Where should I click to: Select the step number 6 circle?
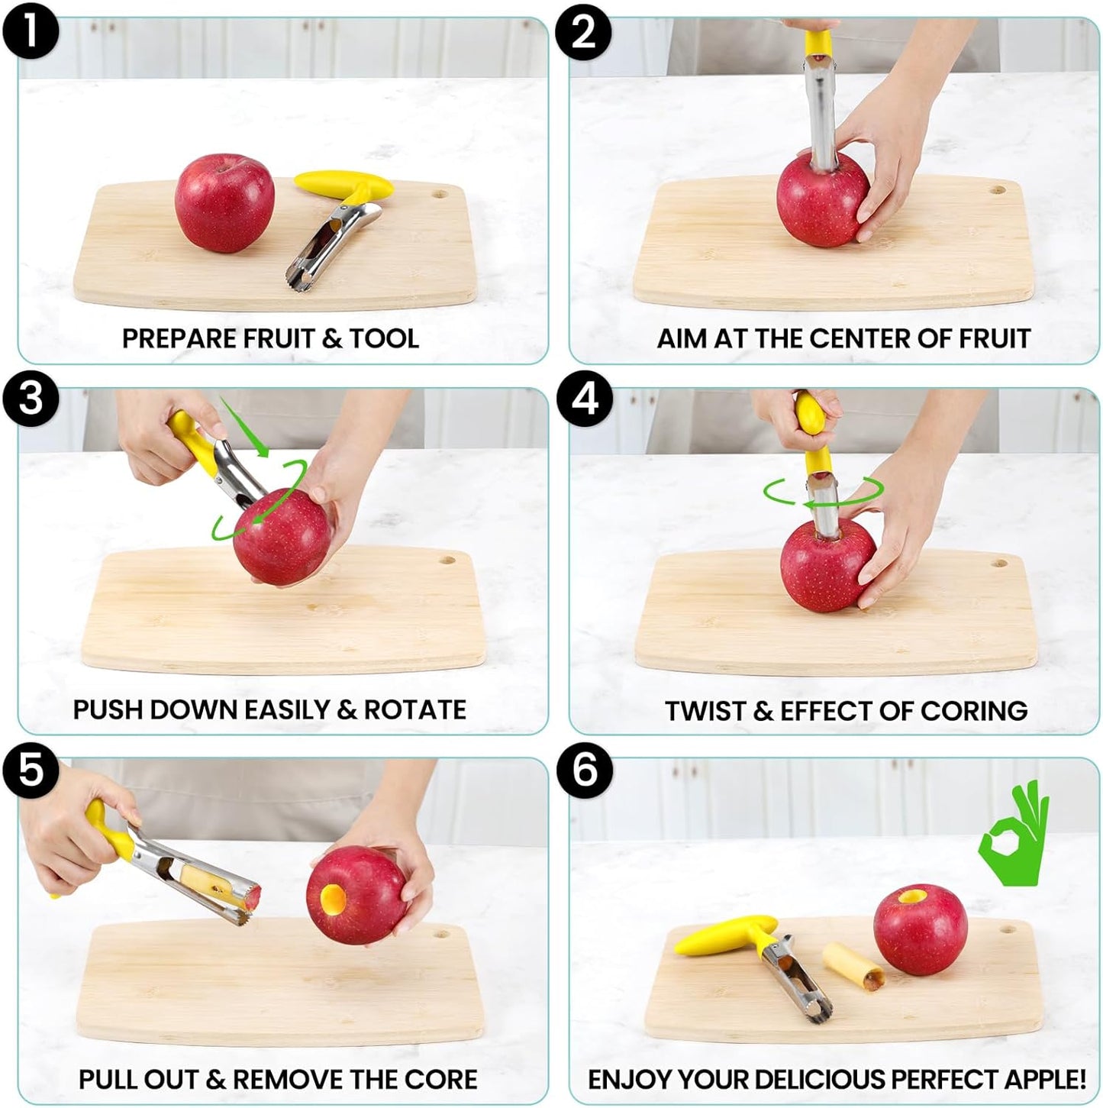click(584, 770)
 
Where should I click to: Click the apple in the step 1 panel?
click(224, 202)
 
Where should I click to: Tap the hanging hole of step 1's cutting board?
click(440, 194)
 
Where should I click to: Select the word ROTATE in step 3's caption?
click(414, 709)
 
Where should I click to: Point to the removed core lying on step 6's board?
click(853, 964)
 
